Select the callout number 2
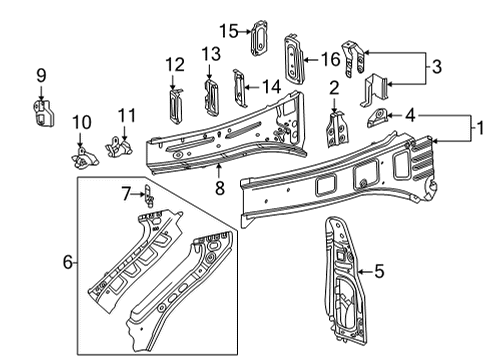coord(333,89)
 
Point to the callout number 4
coord(410,115)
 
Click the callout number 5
coord(378,269)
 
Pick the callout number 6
coord(68,262)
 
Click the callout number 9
coord(41,74)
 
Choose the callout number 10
coord(81,122)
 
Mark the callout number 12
coord(175,65)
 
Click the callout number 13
coord(209,53)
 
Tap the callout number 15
coord(229,30)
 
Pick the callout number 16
coord(329,59)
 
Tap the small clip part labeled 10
coord(82,156)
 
